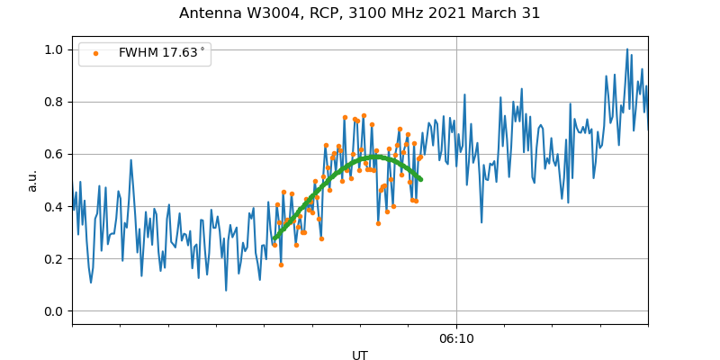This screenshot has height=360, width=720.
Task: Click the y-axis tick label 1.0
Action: coord(55,49)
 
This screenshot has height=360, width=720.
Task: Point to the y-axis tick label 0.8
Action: coord(55,102)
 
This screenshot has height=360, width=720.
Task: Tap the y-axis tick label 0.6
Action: coord(55,154)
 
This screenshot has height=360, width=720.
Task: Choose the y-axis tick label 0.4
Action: coord(55,207)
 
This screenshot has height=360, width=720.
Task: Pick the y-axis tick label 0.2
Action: coord(55,259)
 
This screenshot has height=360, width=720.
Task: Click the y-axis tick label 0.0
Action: coord(55,311)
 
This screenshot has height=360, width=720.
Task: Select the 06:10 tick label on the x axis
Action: coord(456,338)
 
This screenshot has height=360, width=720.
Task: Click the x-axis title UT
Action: coord(360,355)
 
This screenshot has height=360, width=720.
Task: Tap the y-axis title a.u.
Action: coord(32,180)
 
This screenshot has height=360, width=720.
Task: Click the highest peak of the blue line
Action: coord(627,49)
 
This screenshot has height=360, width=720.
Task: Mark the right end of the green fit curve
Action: coord(420,179)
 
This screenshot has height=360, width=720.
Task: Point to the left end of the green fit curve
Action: coord(274,239)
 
